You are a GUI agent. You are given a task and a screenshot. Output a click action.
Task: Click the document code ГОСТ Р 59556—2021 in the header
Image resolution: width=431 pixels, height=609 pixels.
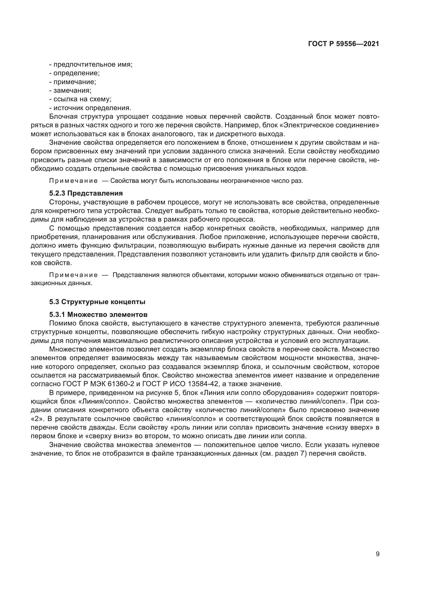point(343,44)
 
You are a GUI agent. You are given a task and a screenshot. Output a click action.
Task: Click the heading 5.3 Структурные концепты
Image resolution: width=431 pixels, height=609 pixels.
point(97,302)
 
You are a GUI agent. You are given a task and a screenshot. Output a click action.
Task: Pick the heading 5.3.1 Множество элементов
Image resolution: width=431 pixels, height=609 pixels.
point(98,315)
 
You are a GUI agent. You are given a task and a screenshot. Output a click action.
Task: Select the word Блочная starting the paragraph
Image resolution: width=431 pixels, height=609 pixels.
point(63,117)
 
